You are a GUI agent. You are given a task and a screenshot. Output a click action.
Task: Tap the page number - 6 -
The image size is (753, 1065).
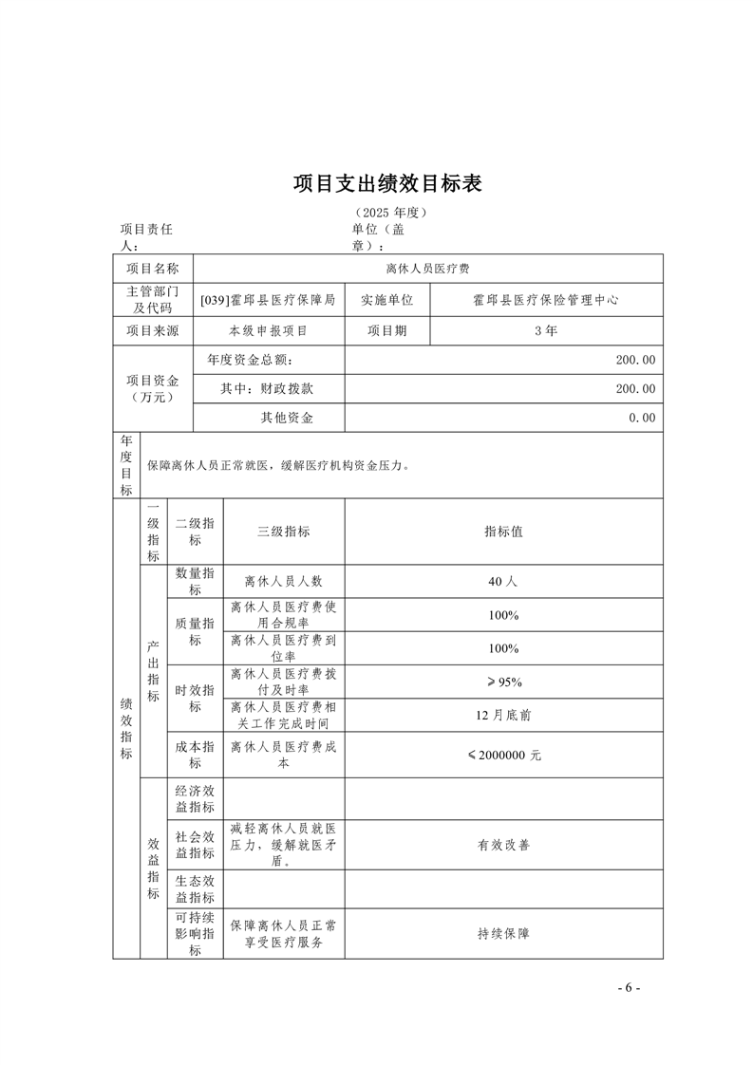[x=629, y=987]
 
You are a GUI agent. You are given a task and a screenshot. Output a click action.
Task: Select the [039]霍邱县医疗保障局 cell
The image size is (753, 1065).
[x=269, y=299]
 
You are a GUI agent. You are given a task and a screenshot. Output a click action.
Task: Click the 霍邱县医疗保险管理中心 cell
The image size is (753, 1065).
[x=546, y=299]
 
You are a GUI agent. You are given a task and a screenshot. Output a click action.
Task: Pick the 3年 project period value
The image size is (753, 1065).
[x=546, y=330]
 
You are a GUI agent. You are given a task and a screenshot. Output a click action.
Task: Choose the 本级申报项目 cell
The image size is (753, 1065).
[x=269, y=330]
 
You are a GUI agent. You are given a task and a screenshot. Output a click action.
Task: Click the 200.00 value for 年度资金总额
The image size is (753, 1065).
[x=635, y=360]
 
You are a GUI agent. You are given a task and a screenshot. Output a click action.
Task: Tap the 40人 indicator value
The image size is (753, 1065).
[x=503, y=582]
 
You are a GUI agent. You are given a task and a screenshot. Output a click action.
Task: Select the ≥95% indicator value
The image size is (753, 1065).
[x=503, y=682]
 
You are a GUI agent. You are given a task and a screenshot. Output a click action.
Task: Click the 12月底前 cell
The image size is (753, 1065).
[x=503, y=715]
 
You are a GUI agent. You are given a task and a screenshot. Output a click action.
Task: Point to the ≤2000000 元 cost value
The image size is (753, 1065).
[x=503, y=756]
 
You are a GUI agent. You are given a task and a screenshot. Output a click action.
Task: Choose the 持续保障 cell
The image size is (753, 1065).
[x=503, y=933]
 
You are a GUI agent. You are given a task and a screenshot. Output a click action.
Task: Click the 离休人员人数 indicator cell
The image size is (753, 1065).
[x=283, y=582]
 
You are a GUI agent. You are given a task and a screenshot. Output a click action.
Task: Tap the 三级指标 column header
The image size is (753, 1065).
[x=283, y=532]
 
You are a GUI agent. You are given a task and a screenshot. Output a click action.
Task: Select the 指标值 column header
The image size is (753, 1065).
[x=503, y=532]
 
